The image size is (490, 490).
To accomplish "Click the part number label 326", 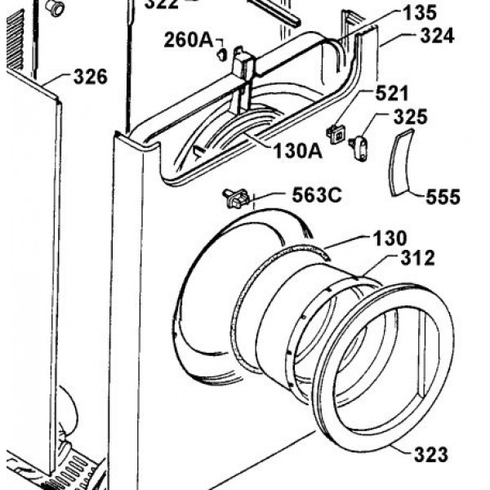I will click(90, 78).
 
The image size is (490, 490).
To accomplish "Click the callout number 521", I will click(394, 94).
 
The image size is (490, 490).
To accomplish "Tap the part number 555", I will click(443, 197).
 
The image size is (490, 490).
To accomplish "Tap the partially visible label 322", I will click(162, 4).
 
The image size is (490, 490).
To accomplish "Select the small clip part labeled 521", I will click(335, 131).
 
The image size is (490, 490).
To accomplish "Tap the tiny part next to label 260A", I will click(221, 55).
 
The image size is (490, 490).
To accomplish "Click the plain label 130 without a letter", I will click(389, 239).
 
